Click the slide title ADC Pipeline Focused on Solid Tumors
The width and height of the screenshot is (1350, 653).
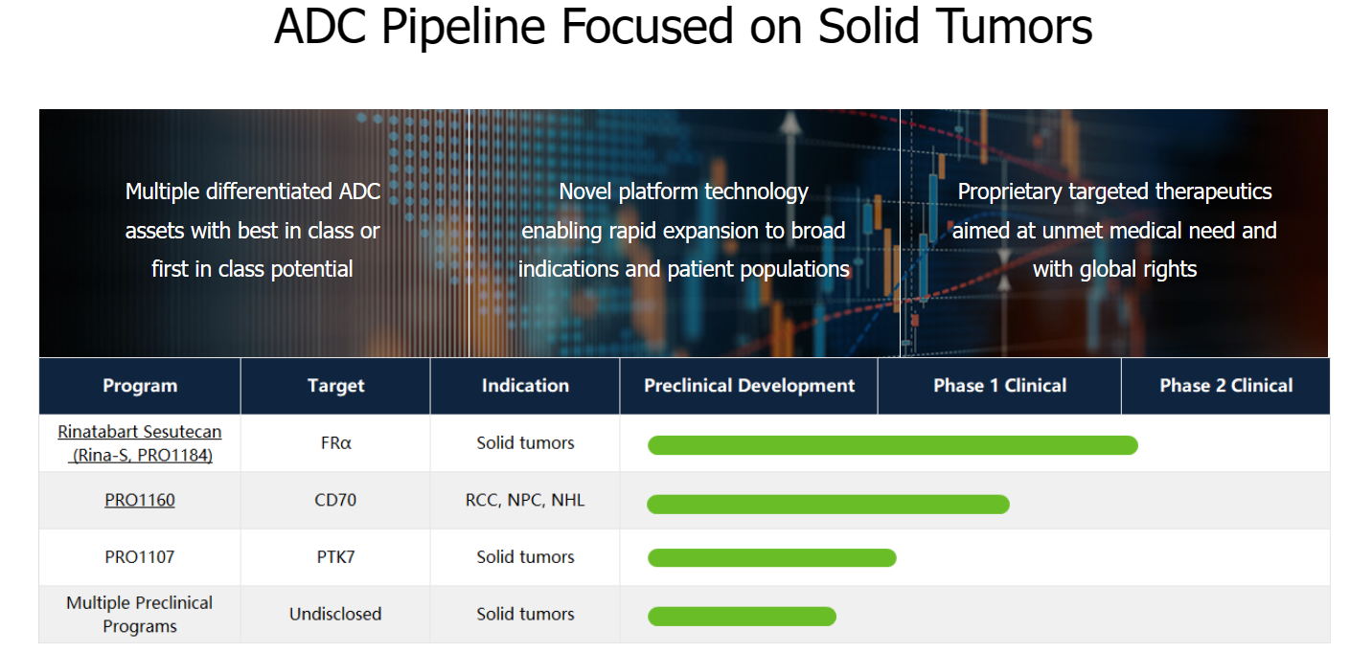683,27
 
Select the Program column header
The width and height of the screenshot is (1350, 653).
140,386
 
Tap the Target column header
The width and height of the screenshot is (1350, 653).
335,386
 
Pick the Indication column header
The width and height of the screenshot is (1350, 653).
525,386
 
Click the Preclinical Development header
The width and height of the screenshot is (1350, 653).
749,386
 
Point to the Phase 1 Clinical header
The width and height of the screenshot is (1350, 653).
1000,386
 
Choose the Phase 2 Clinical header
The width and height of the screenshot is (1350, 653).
1225,386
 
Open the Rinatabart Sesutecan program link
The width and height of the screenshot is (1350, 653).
140,443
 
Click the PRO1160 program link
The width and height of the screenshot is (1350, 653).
140,500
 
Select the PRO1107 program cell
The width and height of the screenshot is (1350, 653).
140,556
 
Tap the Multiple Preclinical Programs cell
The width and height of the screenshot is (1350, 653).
140,615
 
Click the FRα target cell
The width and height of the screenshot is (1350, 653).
335,443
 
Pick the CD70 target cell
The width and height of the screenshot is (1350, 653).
335,500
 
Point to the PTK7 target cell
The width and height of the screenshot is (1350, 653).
335,556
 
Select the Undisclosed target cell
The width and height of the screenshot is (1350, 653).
335,614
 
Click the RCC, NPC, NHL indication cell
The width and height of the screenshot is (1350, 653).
525,500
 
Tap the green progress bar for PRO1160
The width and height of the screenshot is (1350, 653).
828,505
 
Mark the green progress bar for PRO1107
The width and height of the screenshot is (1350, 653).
772,558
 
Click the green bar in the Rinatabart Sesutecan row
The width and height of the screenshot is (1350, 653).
893,445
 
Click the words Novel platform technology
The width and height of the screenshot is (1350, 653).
683,191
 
